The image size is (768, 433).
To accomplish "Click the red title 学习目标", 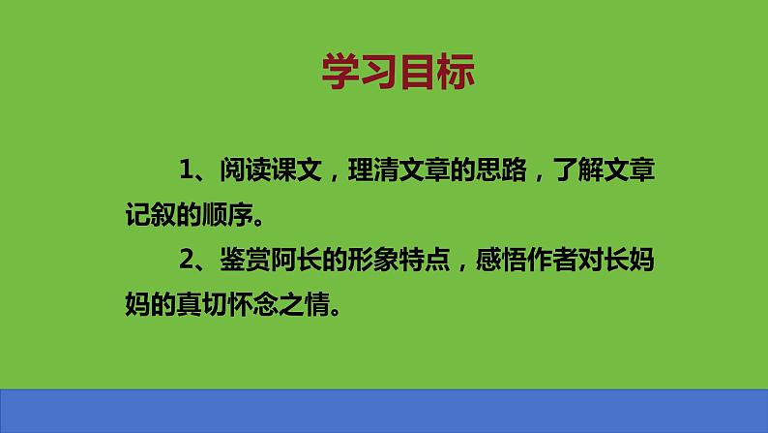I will (x=398, y=71).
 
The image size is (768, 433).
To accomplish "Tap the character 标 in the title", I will (x=456, y=71).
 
